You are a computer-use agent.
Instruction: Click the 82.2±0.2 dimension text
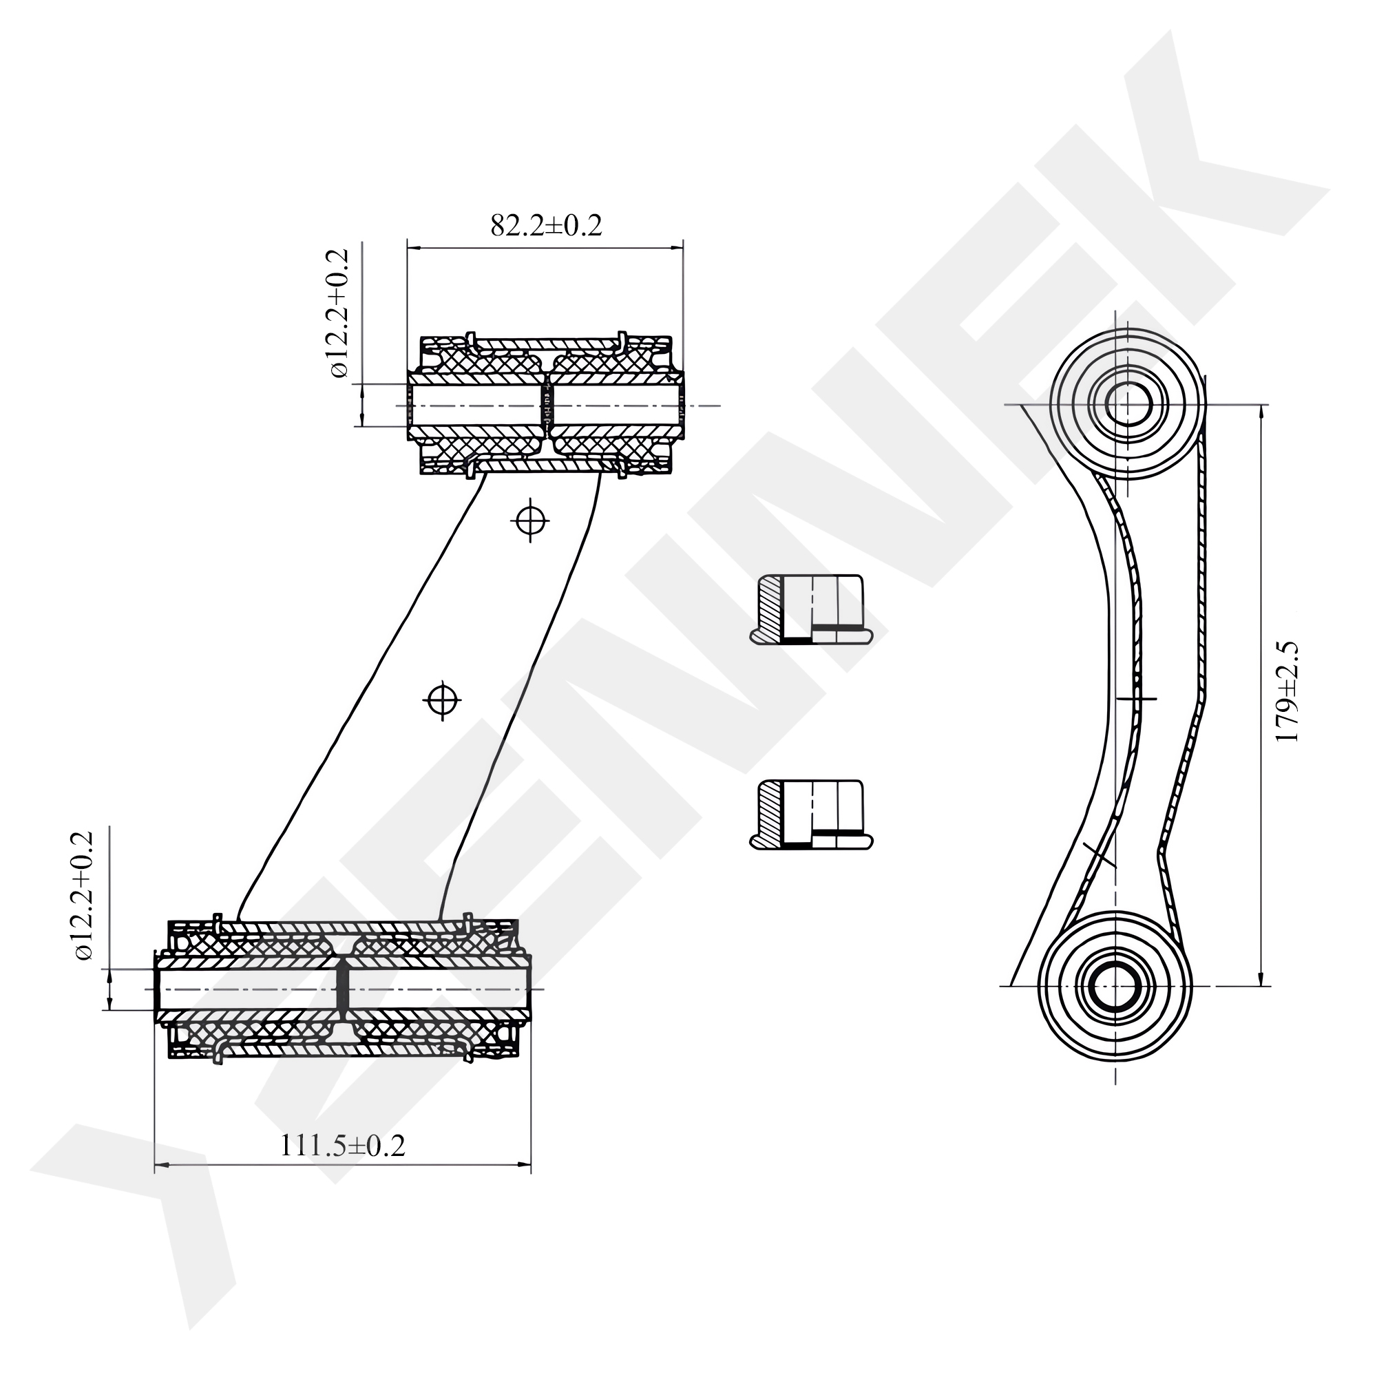546,226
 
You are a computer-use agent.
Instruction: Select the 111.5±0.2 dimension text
342,1146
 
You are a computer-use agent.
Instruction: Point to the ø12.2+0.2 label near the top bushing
338,313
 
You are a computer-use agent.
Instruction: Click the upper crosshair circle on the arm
529,521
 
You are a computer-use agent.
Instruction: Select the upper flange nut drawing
810,610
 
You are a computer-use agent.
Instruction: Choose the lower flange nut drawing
810,814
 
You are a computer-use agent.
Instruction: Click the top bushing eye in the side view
1128,404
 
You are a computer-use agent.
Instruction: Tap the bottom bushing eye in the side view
1115,986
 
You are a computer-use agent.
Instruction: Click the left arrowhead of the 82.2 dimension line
412,248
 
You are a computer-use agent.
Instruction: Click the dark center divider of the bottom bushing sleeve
343,989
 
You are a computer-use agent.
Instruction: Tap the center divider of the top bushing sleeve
548,406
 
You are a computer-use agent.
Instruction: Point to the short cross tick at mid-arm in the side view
1136,698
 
